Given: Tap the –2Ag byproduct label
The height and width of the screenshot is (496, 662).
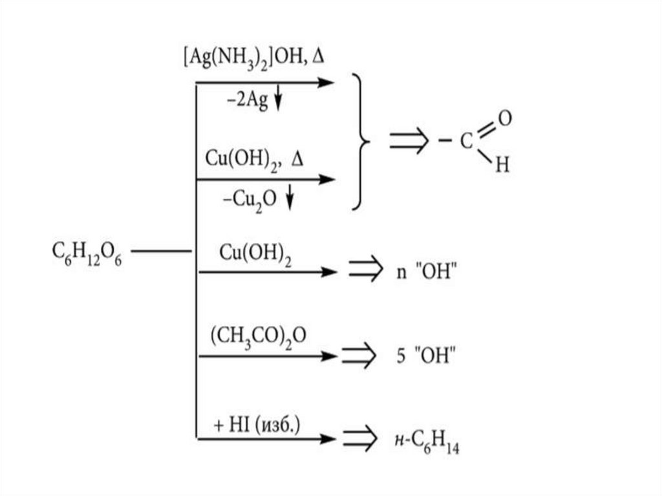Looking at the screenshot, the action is pos(246,101).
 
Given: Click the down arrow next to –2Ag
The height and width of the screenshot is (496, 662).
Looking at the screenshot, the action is pos(279,101).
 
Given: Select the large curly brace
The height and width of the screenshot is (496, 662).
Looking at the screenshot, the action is pos(361,141).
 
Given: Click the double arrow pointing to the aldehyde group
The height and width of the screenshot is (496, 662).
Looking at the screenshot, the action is pos(409,142).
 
